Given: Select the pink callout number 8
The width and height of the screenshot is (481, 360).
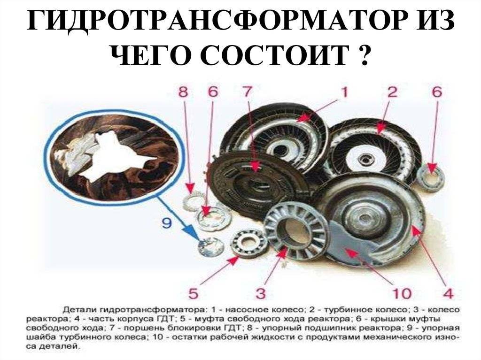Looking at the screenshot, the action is click(x=183, y=92).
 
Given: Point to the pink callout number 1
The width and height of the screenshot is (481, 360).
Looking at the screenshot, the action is click(x=344, y=92).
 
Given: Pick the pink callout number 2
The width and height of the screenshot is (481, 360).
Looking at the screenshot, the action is click(x=392, y=92).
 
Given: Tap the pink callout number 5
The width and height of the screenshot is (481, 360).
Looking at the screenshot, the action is click(x=193, y=293).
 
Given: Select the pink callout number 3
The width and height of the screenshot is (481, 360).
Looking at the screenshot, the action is click(x=260, y=293).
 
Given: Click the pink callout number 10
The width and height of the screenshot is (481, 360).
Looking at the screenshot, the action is click(x=402, y=293).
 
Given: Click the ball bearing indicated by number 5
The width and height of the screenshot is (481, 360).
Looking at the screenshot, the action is click(x=249, y=243).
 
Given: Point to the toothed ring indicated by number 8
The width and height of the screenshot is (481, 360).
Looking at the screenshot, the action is click(x=193, y=201).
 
